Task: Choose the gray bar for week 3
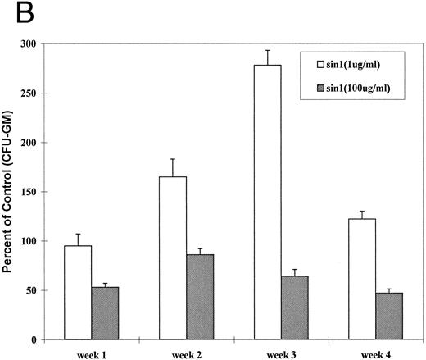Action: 294,308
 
